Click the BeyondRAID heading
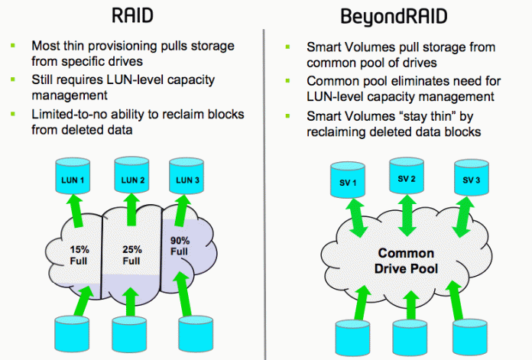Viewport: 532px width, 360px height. [399, 16]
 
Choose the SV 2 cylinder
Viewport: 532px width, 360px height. [406, 180]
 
